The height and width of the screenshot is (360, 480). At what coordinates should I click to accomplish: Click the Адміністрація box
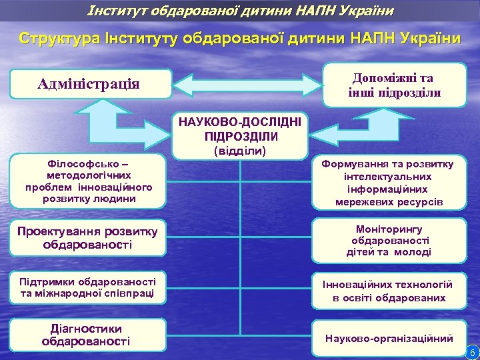click(x=89, y=84)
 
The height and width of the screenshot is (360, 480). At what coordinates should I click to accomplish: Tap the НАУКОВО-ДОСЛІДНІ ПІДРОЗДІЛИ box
click(x=241, y=129)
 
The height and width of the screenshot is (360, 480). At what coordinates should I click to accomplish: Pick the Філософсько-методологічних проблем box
click(x=89, y=181)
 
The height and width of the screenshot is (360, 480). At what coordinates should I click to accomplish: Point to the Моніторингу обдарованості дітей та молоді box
click(x=389, y=240)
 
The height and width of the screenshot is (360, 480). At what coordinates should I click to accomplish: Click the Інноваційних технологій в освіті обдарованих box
click(x=389, y=291)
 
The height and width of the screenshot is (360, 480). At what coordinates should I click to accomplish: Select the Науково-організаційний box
click(x=389, y=338)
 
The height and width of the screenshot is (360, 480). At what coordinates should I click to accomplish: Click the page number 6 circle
click(x=471, y=351)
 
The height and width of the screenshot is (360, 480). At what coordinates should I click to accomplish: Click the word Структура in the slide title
click(x=51, y=37)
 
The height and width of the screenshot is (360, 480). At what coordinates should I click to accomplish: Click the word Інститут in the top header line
click(x=111, y=10)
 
